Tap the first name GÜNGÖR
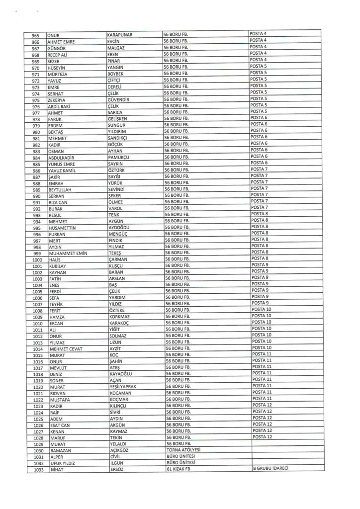pos(56,49)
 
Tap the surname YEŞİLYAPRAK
pos(125,386)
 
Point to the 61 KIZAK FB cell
pos(179,469)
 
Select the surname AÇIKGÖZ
pos(119,450)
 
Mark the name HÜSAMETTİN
pos(64,228)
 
